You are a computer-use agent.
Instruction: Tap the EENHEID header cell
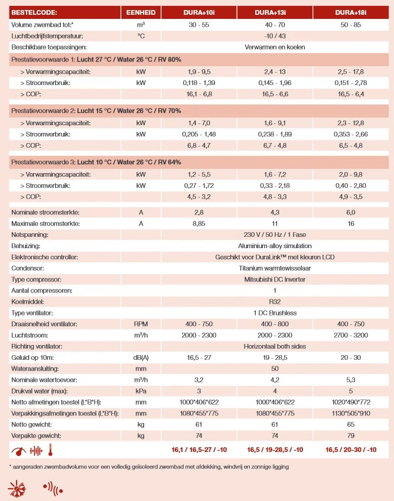tap(141, 12)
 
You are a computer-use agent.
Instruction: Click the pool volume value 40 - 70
tap(275, 24)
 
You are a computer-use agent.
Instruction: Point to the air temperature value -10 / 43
tap(275, 35)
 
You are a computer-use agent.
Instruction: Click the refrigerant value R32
tap(275, 301)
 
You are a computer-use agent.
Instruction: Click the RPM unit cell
tap(141, 324)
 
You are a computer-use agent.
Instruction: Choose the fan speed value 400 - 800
tap(275, 324)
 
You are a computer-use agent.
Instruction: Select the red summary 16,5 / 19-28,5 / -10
tap(275, 450)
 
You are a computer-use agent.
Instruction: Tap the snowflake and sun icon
tap(16, 489)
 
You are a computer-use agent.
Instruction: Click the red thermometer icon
tap(53, 450)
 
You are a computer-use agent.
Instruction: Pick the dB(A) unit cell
tap(141, 357)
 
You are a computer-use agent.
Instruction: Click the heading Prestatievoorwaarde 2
tap(96, 110)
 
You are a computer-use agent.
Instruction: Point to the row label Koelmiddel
tap(28, 301)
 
